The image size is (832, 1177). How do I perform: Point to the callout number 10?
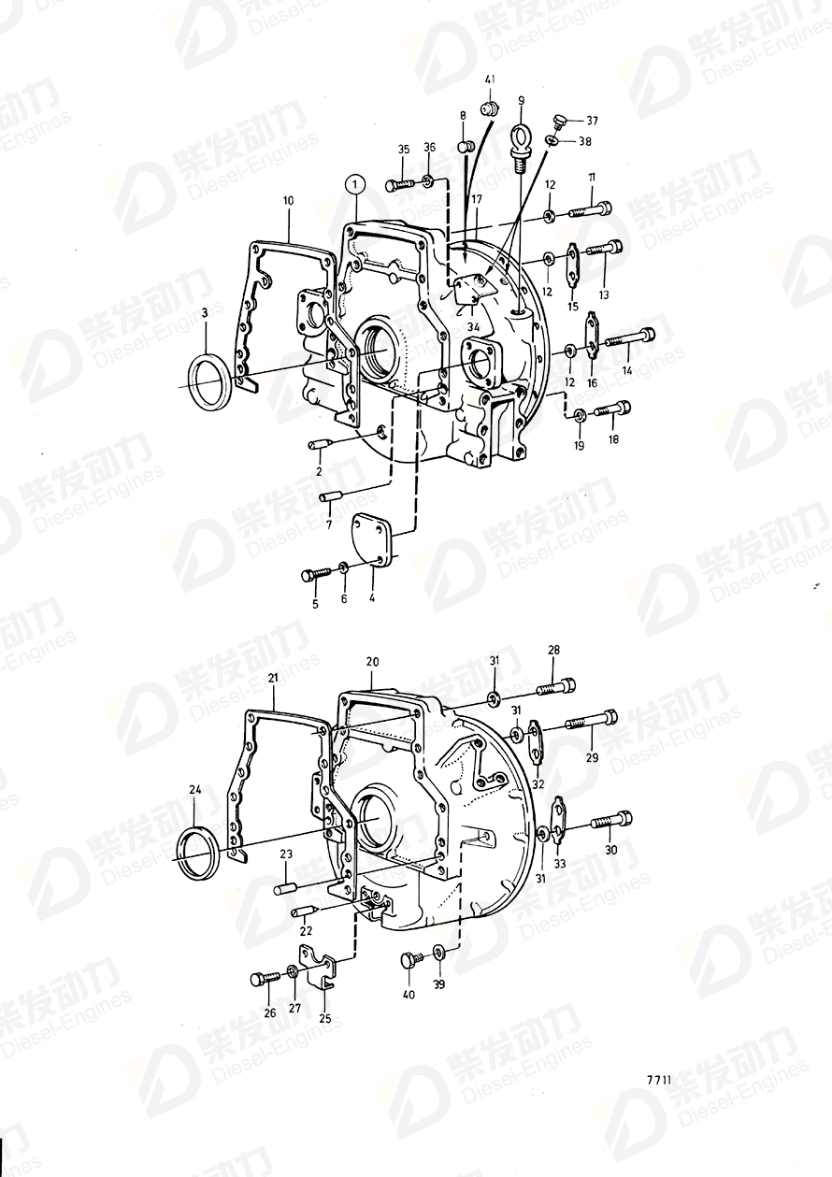288,200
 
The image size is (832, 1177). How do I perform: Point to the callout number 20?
372,661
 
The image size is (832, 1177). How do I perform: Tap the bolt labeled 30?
612,820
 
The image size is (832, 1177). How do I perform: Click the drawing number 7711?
658,1079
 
